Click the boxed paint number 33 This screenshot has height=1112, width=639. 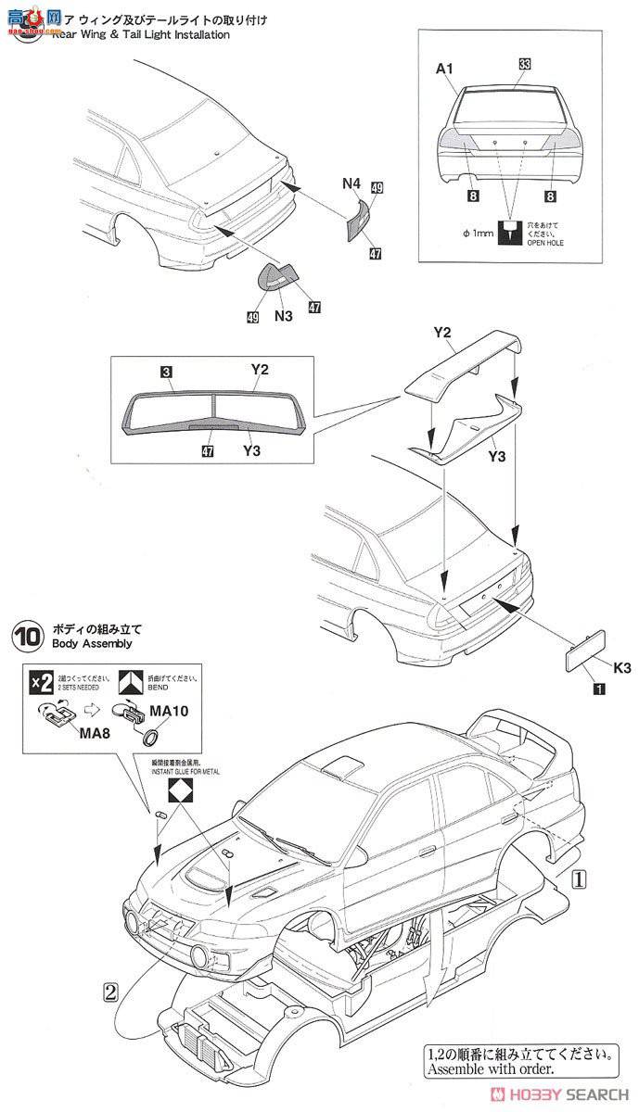524,63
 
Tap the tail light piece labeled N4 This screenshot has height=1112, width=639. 358,221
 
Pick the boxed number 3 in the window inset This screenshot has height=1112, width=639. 164,372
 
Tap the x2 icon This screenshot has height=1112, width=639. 41,682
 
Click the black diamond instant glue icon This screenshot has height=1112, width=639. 179,790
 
